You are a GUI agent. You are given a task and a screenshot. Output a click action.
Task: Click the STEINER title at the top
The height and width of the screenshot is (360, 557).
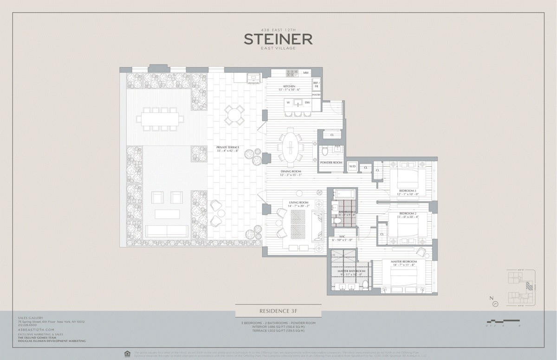(x=278, y=39)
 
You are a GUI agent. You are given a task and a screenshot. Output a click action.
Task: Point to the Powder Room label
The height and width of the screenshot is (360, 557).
(x=331, y=163)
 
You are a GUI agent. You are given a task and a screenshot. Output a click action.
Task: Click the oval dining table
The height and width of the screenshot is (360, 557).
(x=291, y=148)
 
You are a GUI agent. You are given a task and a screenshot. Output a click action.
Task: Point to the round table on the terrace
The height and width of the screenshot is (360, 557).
(x=234, y=115)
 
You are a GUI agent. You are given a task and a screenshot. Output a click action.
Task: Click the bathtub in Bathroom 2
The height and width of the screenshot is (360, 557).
(x=344, y=193)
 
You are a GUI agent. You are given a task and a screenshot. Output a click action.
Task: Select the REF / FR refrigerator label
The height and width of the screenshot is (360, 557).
(x=317, y=84)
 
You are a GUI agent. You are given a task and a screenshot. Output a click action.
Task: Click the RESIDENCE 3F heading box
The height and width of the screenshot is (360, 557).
(x=278, y=311)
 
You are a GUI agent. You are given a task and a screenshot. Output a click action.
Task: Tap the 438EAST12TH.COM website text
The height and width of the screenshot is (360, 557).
(x=32, y=329)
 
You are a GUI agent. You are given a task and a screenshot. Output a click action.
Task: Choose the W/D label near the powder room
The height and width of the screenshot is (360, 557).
(x=352, y=167)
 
